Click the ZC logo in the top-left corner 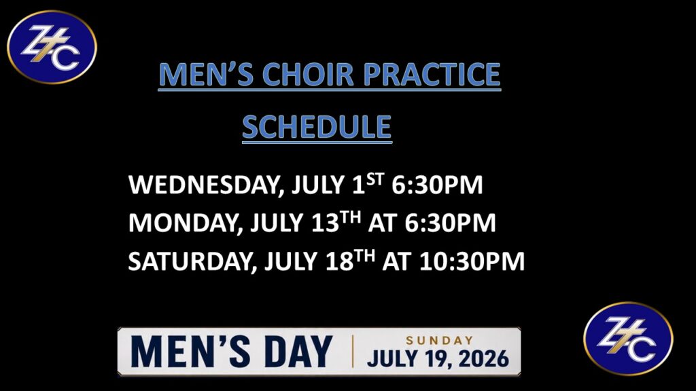(x=52, y=47)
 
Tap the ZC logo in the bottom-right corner (x=628, y=339)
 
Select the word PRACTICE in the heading (x=432, y=74)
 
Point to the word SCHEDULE (x=317, y=127)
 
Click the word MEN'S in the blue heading (x=206, y=74)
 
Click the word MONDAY (x=186, y=223)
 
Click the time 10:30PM (x=472, y=261)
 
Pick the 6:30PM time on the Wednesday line (x=437, y=185)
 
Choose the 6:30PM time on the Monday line (x=450, y=223)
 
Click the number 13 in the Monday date (x=326, y=223)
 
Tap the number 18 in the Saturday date (x=340, y=261)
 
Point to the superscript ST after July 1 (x=375, y=179)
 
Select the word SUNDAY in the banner (x=439, y=341)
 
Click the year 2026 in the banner (x=484, y=358)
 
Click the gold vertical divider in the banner (x=353, y=352)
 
